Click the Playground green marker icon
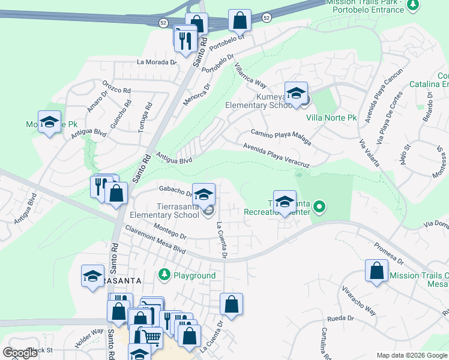(x=164, y=275)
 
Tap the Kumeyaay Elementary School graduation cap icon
(x=296, y=93)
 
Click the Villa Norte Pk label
(x=331, y=118)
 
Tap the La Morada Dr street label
(x=157, y=62)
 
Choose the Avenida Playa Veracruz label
(x=276, y=155)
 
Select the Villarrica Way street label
(x=251, y=75)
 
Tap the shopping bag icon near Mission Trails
(x=376, y=270)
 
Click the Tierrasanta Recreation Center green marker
(x=319, y=208)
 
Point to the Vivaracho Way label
(x=359, y=303)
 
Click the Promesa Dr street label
(x=388, y=253)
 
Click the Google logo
(x=20, y=353)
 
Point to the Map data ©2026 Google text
(x=411, y=355)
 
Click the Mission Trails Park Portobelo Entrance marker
(x=412, y=5)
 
